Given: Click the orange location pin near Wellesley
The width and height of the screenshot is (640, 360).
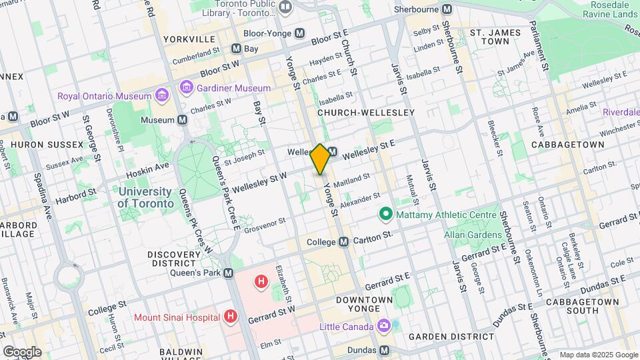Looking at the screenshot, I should click(320, 159).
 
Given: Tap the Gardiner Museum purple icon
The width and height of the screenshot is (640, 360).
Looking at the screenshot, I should click(187, 87).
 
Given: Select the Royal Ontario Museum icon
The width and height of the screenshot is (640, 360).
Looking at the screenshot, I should click(161, 96).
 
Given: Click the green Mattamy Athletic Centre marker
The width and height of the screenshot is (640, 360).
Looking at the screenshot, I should click(385, 215).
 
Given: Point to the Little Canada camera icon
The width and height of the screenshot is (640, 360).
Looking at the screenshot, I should click(383, 326).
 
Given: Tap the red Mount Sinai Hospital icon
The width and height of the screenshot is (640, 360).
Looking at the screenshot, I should click(231, 315).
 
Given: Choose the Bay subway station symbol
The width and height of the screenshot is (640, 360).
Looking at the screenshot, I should click(236, 49).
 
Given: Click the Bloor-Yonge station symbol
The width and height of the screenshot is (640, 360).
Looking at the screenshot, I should click(300, 33).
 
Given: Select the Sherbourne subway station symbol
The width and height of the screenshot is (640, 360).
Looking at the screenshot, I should click(447, 10).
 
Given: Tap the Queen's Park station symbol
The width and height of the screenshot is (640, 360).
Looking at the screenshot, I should click(229, 273).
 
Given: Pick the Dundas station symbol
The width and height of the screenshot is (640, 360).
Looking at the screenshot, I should click(384, 350).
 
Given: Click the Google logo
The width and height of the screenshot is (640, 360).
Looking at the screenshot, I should click(22, 351).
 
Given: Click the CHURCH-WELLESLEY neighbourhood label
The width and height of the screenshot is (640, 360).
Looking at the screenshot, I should click(366, 113).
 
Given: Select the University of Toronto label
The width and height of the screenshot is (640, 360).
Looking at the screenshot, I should click(146, 197).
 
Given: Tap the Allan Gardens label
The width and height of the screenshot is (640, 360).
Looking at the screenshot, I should click(473, 235).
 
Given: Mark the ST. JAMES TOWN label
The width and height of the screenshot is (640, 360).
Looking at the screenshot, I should click(494, 36).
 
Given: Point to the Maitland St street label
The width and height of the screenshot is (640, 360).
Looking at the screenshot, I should click(355, 181).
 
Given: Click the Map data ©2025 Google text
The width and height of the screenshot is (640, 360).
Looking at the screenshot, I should click(598, 355).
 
